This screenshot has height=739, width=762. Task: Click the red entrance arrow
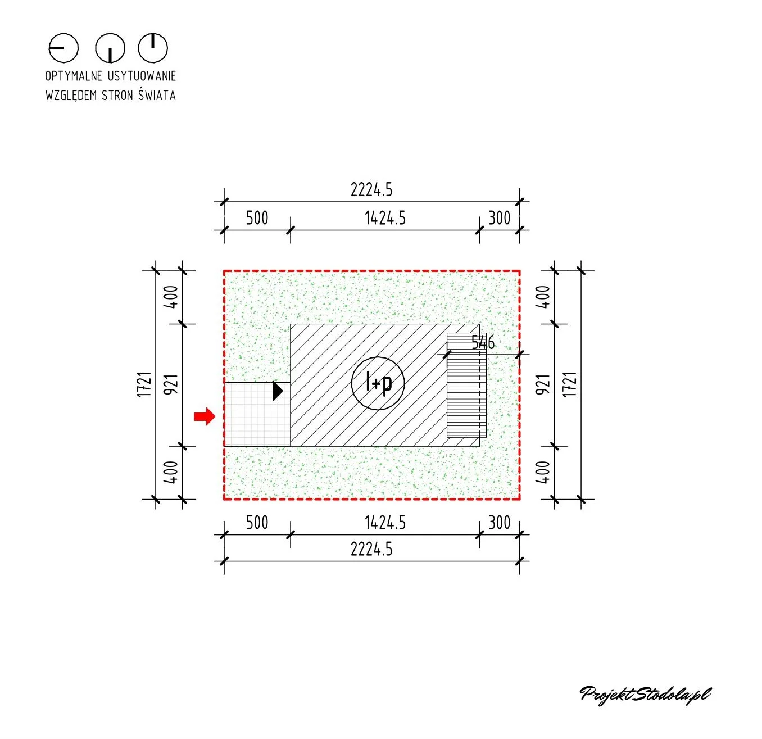click(205, 416)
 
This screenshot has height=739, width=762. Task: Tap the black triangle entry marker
click(277, 391)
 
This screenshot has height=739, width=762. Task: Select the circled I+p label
click(378, 383)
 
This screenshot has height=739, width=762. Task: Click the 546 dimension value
click(482, 342)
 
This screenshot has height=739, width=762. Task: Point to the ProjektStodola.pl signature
click(645, 695)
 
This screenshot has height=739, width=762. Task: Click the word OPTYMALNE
click(74, 76)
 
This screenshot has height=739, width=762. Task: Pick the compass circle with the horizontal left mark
click(63, 48)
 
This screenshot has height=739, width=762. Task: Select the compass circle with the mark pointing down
click(110, 48)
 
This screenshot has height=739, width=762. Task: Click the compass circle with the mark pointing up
click(153, 48)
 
